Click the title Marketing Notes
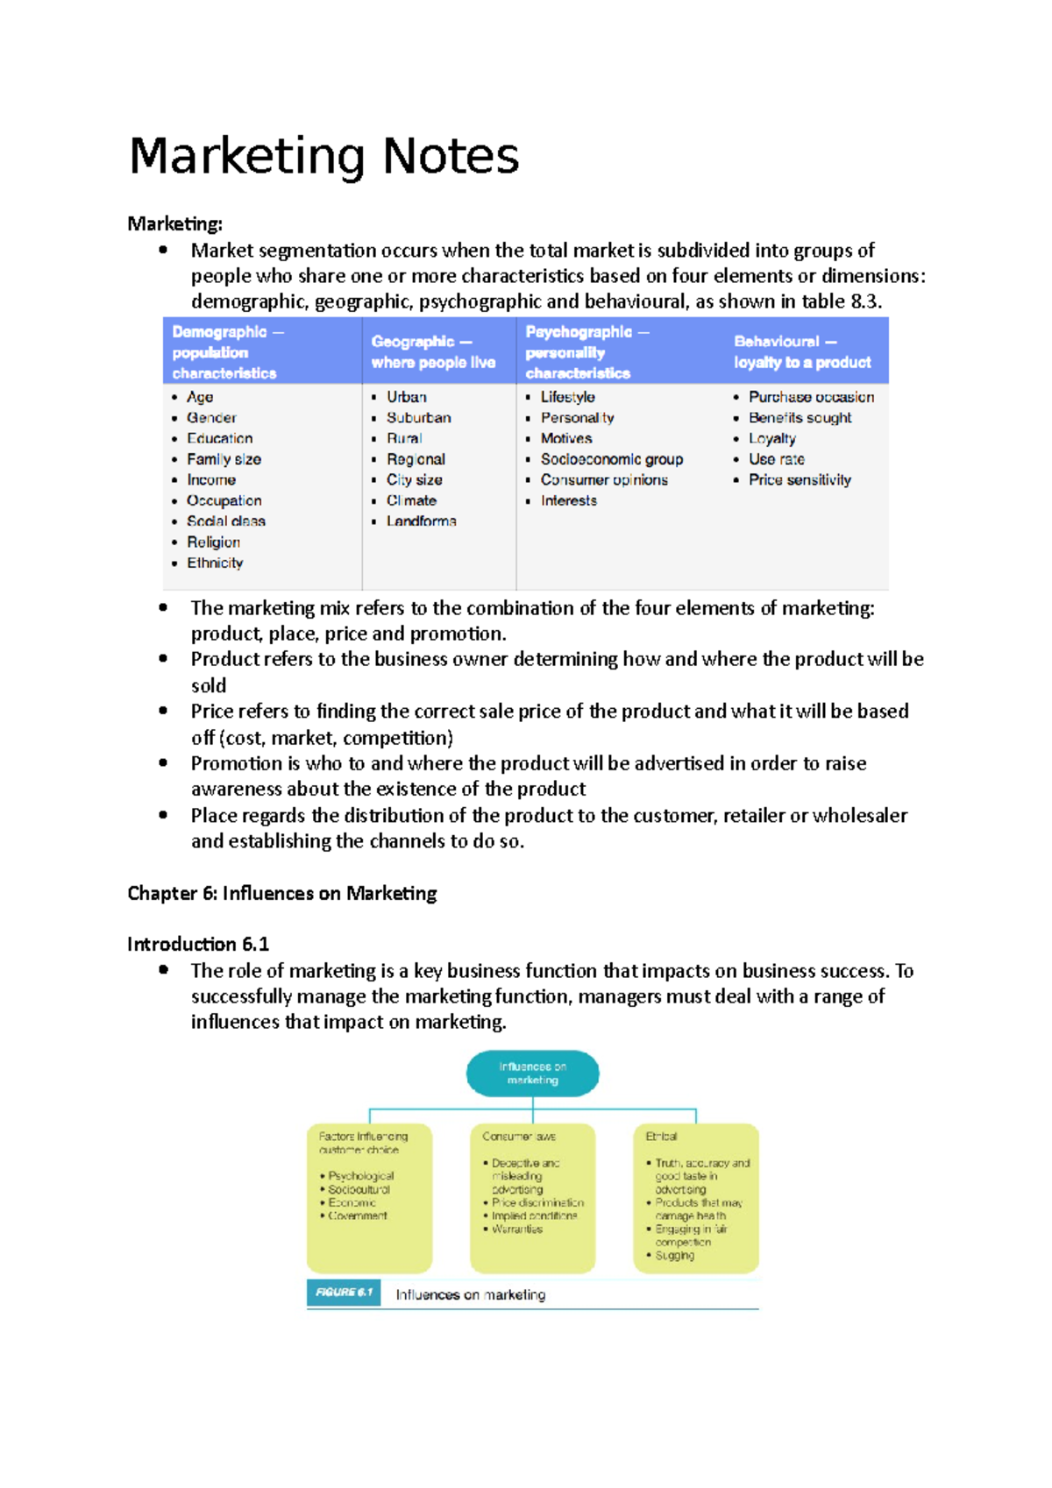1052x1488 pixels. click(323, 156)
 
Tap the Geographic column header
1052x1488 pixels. click(433, 351)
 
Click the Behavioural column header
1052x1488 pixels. click(801, 351)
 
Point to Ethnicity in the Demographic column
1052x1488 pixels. click(215, 563)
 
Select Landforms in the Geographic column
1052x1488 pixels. click(421, 521)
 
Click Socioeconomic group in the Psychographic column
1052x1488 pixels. click(611, 459)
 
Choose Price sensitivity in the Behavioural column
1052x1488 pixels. click(800, 480)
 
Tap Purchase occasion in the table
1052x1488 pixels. click(811, 397)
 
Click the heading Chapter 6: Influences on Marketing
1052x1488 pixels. click(281, 893)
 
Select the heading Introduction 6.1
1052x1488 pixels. click(198, 944)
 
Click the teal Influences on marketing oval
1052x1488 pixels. click(532, 1073)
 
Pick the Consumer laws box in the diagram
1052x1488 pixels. click(532, 1197)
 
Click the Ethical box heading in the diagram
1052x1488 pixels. click(661, 1137)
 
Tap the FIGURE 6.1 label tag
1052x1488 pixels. click(344, 1293)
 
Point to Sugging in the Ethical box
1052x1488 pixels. click(674, 1256)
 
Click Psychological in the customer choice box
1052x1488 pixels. click(360, 1176)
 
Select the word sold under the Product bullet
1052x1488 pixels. click(209, 685)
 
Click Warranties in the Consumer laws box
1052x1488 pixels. click(516, 1229)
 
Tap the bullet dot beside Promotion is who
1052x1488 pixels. click(163, 763)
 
